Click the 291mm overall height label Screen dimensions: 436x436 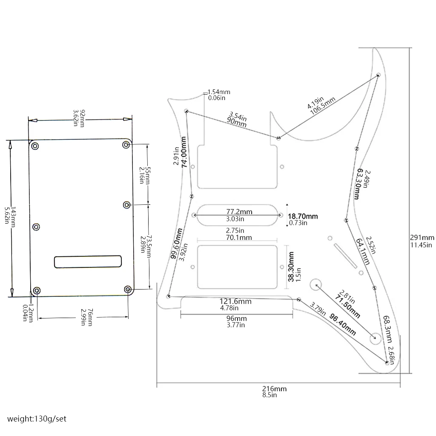422,238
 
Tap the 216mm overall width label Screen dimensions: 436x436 274,389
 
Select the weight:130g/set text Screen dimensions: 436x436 37,419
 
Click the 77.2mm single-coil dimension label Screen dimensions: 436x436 239,212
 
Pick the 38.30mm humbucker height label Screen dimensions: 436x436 291,267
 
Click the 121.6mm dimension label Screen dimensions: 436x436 235,301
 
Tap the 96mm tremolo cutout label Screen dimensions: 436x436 237,318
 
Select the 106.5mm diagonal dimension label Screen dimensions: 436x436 323,106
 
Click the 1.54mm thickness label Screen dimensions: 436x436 219,92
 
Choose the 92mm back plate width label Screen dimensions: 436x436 82,118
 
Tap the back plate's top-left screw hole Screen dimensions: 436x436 35,146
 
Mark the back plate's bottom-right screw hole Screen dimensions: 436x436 128,290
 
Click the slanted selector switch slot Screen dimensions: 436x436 345,256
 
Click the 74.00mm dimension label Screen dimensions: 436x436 184,152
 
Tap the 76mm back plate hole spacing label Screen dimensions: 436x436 90,317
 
